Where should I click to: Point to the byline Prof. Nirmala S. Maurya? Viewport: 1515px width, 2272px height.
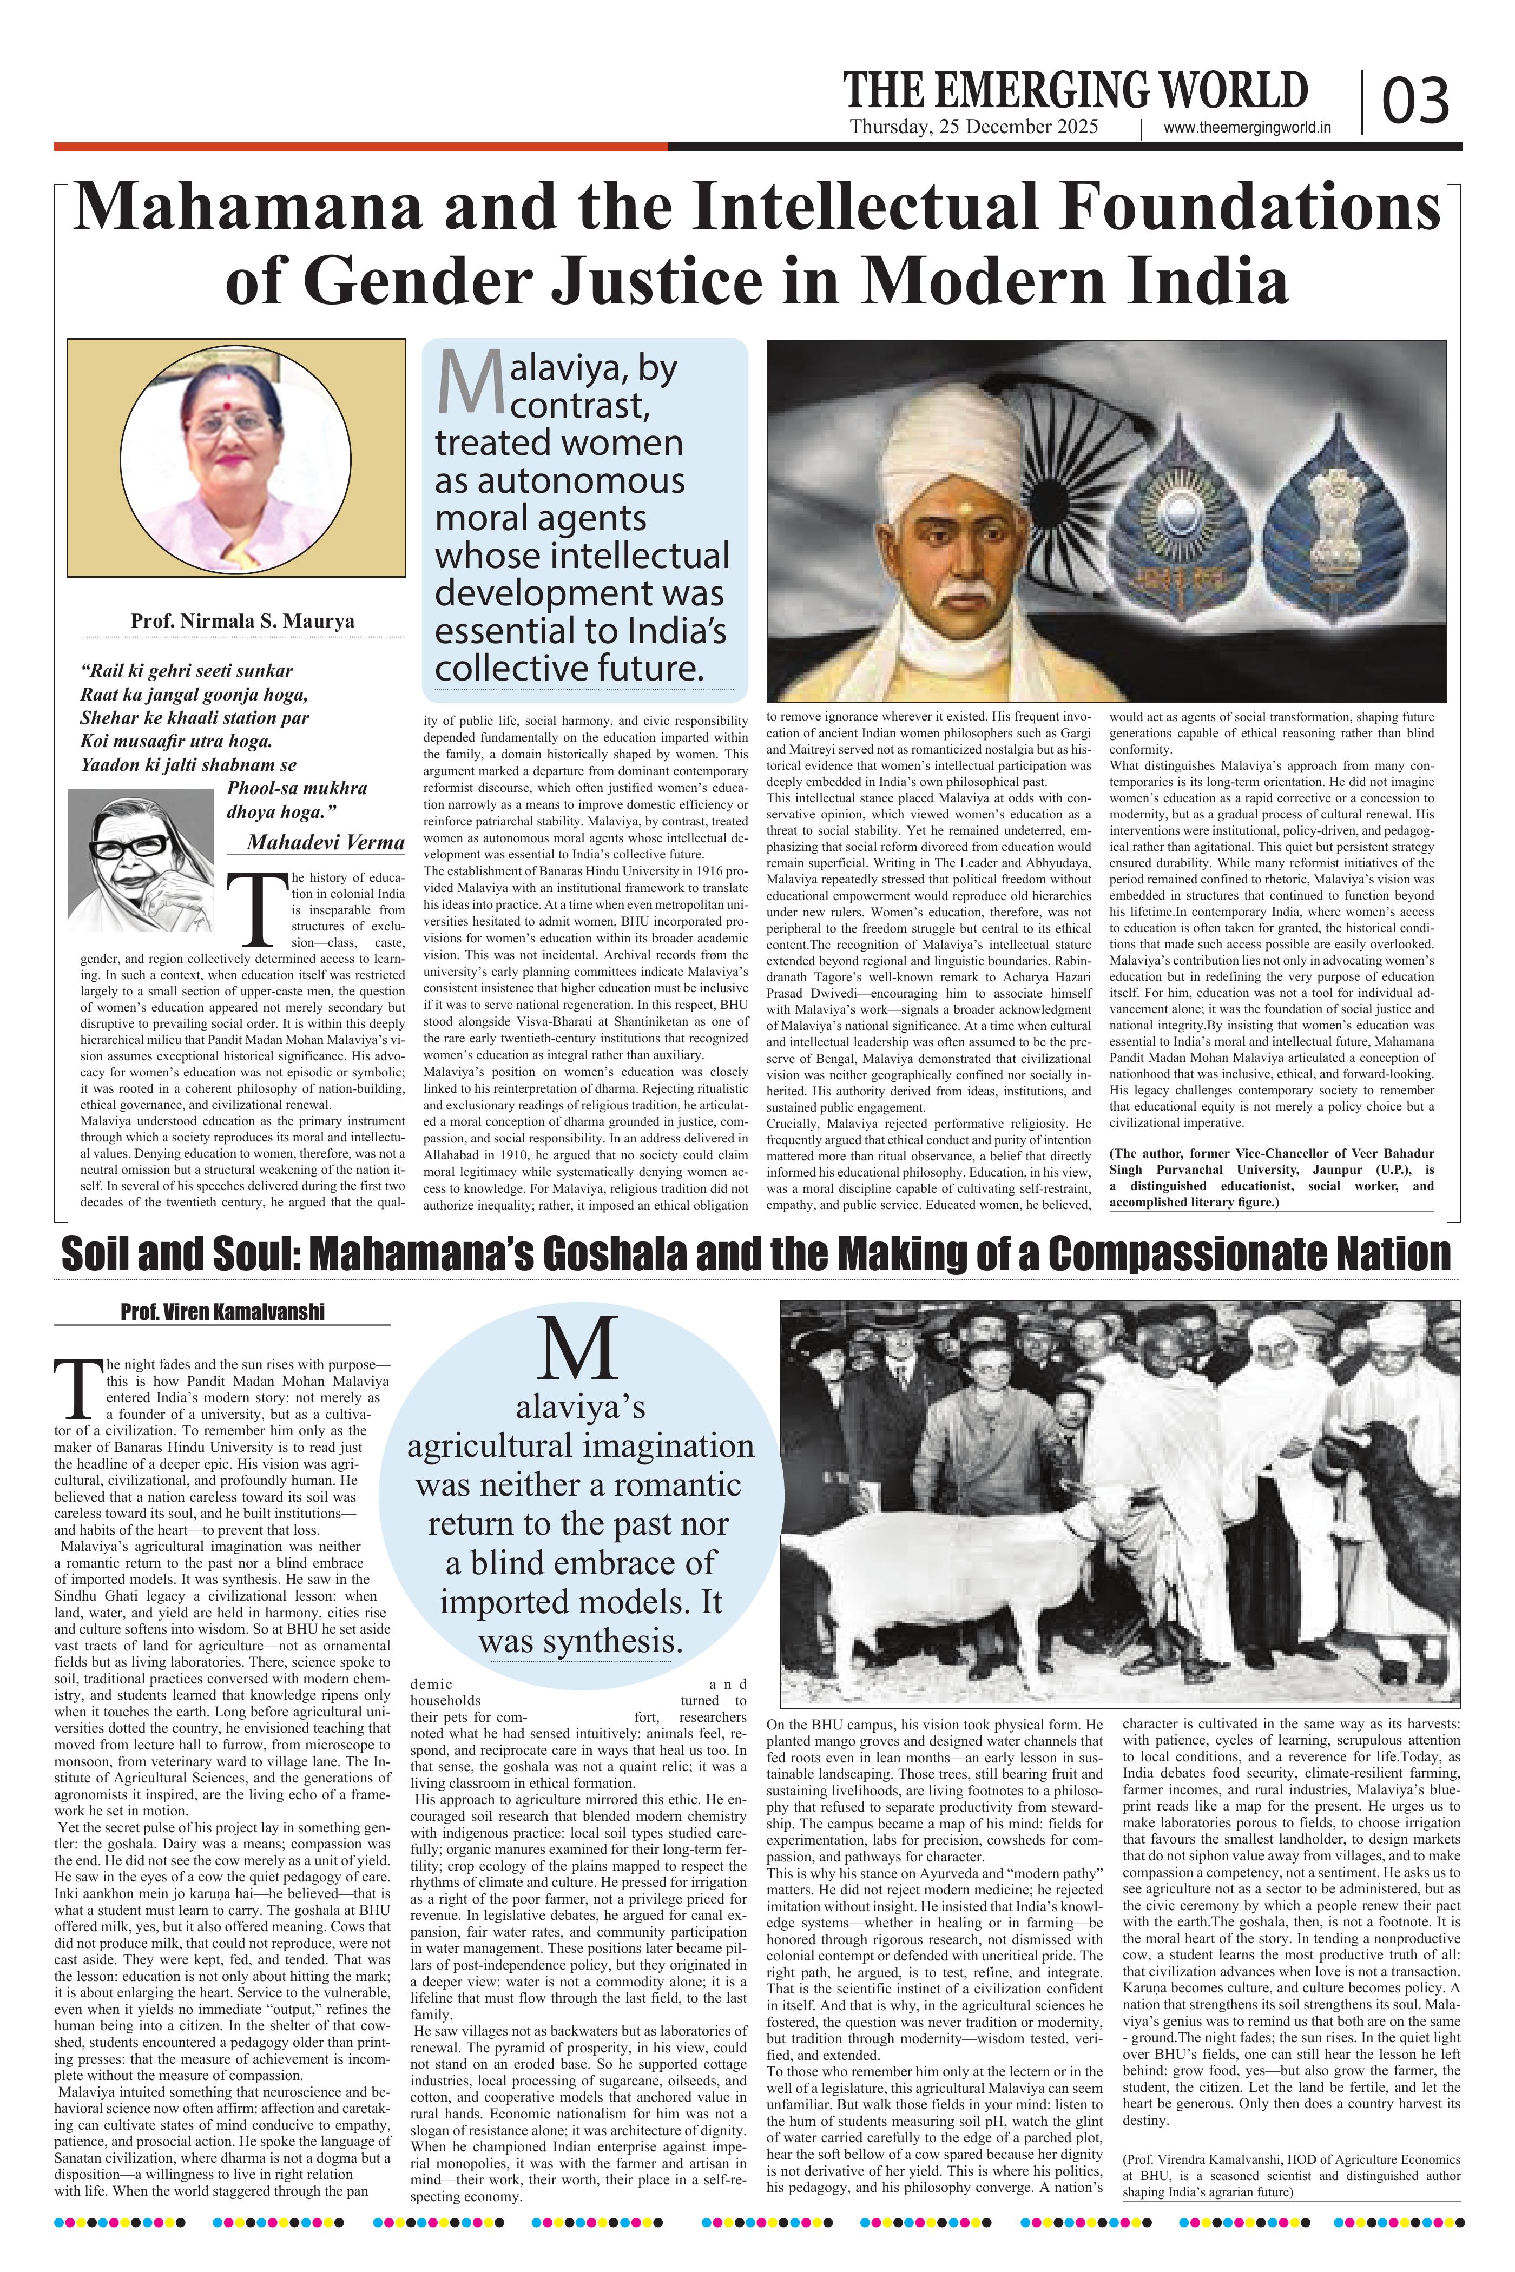point(242,621)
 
